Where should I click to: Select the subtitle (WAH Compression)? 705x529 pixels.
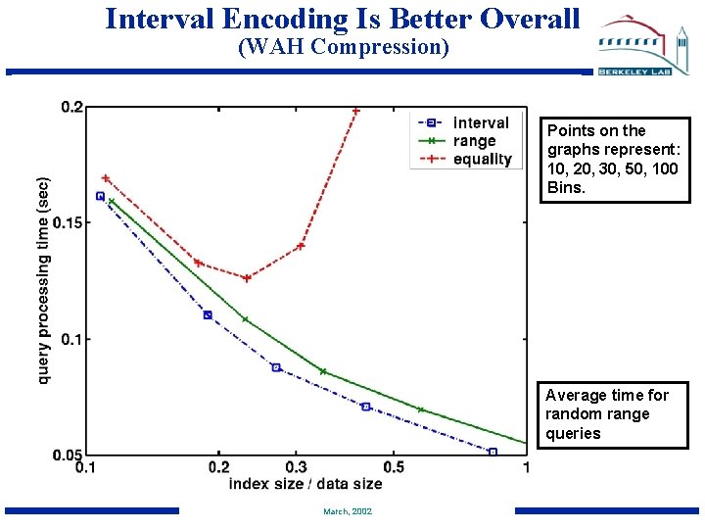[x=342, y=47]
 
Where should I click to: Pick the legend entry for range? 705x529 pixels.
[x=474, y=141]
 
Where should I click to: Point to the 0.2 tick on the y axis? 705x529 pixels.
[x=71, y=107]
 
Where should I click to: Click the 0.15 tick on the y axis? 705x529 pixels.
[x=68, y=223]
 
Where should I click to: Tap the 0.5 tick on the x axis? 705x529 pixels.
[x=394, y=467]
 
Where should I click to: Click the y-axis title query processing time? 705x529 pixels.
[x=44, y=280]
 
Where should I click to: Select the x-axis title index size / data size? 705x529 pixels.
[x=305, y=484]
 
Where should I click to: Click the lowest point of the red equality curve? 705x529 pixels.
[x=247, y=278]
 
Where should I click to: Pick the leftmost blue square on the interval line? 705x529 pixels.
[x=100, y=196]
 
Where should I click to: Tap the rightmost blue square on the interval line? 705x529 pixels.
[x=493, y=452]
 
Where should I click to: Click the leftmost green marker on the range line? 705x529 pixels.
[x=111, y=202]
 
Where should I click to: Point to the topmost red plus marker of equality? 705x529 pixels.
[x=355, y=111]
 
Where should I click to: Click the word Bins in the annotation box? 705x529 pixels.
[x=566, y=186]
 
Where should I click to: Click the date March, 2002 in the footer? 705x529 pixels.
[x=347, y=511]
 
